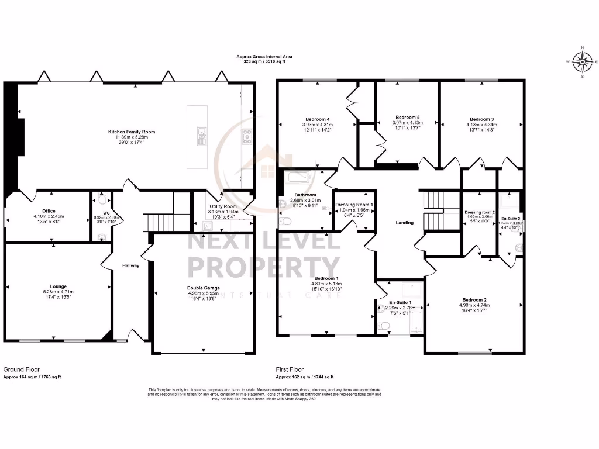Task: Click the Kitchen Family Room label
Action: pos(132,132)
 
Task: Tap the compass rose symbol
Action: pos(582,61)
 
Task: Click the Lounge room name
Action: pos(56,286)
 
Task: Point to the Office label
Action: pos(48,211)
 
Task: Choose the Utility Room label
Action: pos(223,206)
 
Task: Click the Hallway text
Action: pos(130,265)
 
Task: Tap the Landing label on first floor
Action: pos(404,222)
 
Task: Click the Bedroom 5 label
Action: pos(407,117)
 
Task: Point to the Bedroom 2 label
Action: pos(474,299)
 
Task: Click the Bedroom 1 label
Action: pos(326,278)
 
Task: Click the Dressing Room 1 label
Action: pos(354,205)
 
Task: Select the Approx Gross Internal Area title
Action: pos(264,57)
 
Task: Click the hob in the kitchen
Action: pos(247,136)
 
